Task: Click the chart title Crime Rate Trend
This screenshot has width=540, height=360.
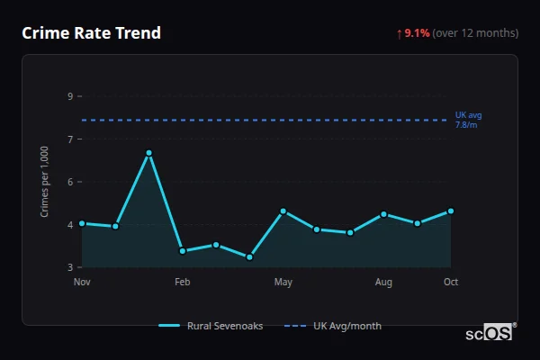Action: pyautogui.click(x=91, y=33)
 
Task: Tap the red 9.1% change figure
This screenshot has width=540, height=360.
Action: pyautogui.click(x=417, y=33)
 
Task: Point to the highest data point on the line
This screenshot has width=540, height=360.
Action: pyautogui.click(x=149, y=153)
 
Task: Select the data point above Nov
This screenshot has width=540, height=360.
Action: pyautogui.click(x=82, y=223)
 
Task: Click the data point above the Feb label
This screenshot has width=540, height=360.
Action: pyautogui.click(x=183, y=251)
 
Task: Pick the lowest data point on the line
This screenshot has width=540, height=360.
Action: pyautogui.click(x=249, y=257)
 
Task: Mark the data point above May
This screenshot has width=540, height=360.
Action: pyautogui.click(x=283, y=211)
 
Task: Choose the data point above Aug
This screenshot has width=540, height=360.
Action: pyautogui.click(x=383, y=214)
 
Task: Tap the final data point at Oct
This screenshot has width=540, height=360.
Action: pyautogui.click(x=451, y=211)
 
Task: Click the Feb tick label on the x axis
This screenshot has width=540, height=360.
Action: pyautogui.click(x=183, y=283)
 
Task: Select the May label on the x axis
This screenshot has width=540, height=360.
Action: pyautogui.click(x=283, y=283)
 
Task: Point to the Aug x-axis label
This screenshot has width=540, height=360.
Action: pyautogui.click(x=383, y=283)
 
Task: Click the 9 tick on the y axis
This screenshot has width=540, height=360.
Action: pyautogui.click(x=70, y=96)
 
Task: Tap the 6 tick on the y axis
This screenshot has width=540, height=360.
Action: pyautogui.click(x=70, y=182)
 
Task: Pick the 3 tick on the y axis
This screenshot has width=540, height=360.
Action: pyautogui.click(x=70, y=267)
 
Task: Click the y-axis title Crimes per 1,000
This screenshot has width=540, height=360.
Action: pyautogui.click(x=45, y=182)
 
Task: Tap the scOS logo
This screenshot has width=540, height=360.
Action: pyautogui.click(x=490, y=333)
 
